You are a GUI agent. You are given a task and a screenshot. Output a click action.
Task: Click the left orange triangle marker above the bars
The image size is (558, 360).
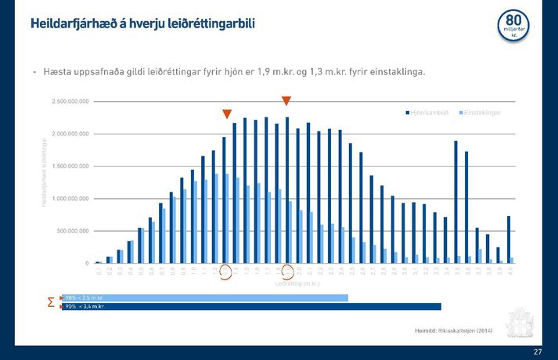(227, 114)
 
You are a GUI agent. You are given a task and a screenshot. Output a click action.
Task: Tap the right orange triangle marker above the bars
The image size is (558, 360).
(286, 100)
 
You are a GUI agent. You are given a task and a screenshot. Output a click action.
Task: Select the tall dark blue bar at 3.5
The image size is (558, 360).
(455, 202)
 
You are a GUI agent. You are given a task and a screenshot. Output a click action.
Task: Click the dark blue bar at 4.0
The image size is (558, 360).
(509, 239)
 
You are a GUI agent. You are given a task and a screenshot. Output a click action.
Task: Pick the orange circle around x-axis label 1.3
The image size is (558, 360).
(225, 272)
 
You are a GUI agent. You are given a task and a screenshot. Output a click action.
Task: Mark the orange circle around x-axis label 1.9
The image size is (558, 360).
(287, 272)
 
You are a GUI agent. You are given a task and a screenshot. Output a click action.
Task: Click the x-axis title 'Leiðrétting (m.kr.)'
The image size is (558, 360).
(297, 283)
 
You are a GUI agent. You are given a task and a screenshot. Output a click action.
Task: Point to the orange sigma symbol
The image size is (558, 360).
(51, 302)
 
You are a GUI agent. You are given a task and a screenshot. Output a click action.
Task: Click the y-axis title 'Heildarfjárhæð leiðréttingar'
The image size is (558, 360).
(44, 172)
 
